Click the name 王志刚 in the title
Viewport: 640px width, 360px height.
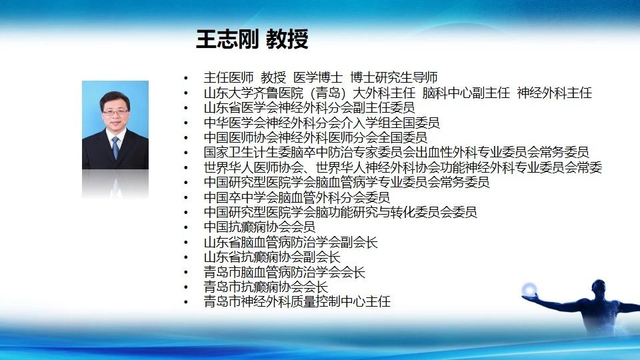227,39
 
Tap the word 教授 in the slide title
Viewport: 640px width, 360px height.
287,39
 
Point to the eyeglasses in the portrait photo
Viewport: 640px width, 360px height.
115,112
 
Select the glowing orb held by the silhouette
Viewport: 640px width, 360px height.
529,289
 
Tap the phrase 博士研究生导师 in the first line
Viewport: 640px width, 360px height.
394,77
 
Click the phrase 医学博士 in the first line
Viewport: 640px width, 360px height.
318,77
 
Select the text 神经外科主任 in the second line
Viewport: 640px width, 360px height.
554,93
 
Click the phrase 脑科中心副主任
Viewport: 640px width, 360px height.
466,93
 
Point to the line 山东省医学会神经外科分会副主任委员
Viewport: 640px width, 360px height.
309,108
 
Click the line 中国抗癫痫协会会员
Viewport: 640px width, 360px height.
259,227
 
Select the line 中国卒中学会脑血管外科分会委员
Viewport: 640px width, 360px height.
297,197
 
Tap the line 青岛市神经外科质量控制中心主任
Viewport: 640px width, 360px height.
297,301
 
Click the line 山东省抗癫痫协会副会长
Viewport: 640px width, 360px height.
272,257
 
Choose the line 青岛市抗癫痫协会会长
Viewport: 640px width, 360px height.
266,287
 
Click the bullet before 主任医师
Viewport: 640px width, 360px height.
186,78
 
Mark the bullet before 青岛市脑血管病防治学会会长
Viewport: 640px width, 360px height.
186,272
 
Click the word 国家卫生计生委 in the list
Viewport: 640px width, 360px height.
247,152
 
